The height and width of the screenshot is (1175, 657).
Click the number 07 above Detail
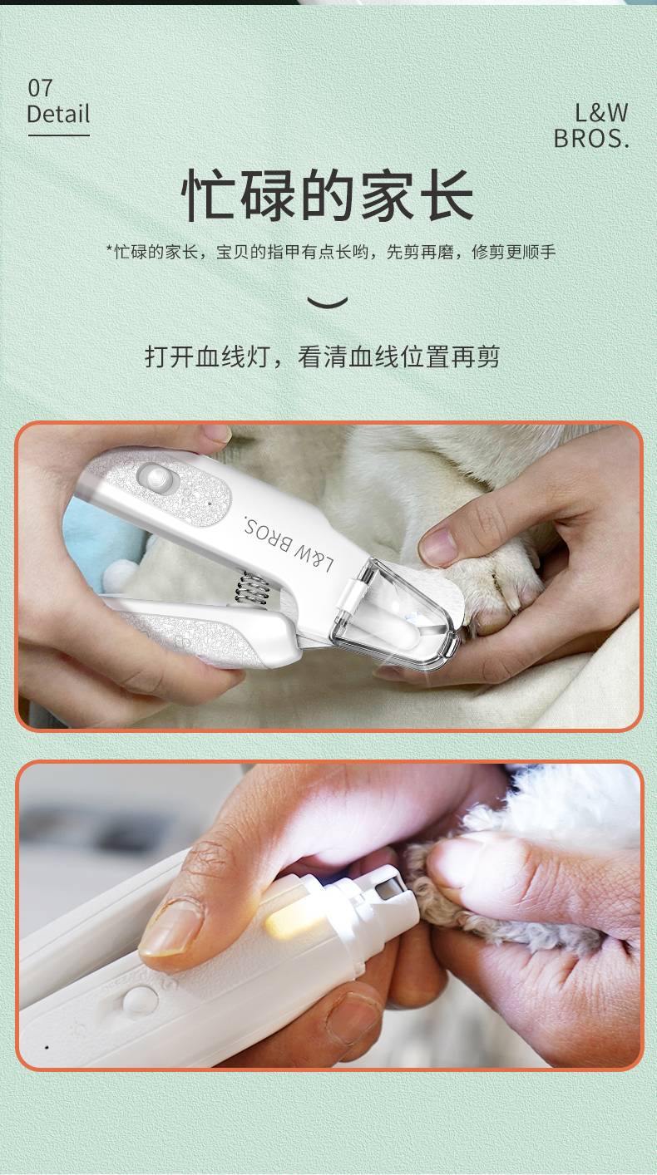[x=40, y=88]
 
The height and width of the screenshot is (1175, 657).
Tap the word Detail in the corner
[x=57, y=114]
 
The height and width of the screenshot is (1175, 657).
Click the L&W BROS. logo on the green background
[x=591, y=126]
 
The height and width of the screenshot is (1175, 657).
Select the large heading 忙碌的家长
[x=327, y=194]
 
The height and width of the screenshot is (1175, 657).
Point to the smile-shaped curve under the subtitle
[x=327, y=302]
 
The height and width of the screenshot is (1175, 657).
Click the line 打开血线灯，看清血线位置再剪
[x=322, y=356]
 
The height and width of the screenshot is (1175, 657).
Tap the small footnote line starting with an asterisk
[x=331, y=252]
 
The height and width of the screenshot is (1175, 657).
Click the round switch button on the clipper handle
[x=156, y=477]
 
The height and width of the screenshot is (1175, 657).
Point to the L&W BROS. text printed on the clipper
[x=289, y=545]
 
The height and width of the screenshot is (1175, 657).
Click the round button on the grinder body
[x=141, y=1000]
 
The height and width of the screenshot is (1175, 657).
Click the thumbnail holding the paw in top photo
[x=439, y=545]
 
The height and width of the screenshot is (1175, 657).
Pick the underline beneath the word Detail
[x=58, y=135]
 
